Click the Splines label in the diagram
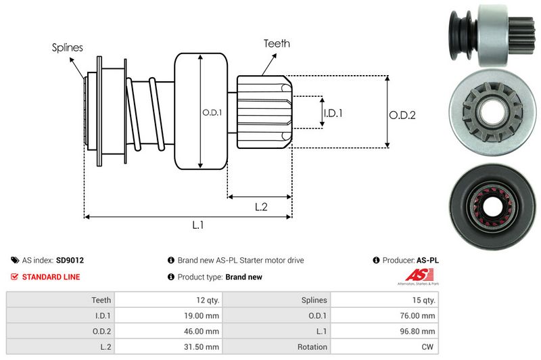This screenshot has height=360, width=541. click(67, 47)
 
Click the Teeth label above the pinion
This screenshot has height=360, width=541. click(277, 43)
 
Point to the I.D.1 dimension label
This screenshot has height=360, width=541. click(333, 113)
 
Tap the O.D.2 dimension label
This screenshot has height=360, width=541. click(402, 115)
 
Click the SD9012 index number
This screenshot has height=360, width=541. click(70, 260)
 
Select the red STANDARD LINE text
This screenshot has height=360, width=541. click(51, 277)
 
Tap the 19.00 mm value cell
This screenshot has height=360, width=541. click(202, 315)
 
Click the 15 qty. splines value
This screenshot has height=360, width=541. click(423, 300)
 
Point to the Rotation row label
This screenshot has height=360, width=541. click(312, 347)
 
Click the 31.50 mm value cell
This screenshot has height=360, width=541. click(202, 347)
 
